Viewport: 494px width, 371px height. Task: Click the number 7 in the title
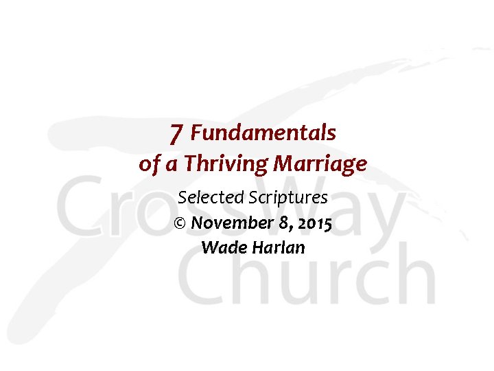(176, 133)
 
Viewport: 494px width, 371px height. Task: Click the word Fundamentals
(263, 132)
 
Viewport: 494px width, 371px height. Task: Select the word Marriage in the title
(320, 165)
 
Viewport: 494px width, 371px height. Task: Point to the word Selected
(211, 198)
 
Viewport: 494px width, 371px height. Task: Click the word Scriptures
(288, 198)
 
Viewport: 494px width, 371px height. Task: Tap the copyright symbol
(180, 223)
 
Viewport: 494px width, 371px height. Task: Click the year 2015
(314, 223)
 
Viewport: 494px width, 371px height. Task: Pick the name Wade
(221, 247)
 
